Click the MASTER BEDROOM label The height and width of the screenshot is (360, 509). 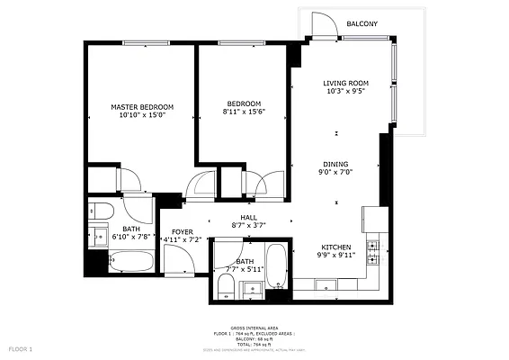click(142, 107)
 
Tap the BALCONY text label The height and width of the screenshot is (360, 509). click(362, 23)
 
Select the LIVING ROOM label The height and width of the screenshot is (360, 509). click(346, 84)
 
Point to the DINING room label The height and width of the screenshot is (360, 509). click(337, 165)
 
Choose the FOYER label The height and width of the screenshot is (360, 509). click(183, 232)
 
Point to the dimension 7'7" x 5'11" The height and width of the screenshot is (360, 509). click(244, 268)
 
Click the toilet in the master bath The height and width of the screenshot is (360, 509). click(101, 212)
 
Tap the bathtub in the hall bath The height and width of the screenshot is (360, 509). click(278, 267)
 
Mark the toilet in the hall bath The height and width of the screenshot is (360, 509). click(226, 287)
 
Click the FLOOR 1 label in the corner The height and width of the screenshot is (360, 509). click(20, 348)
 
